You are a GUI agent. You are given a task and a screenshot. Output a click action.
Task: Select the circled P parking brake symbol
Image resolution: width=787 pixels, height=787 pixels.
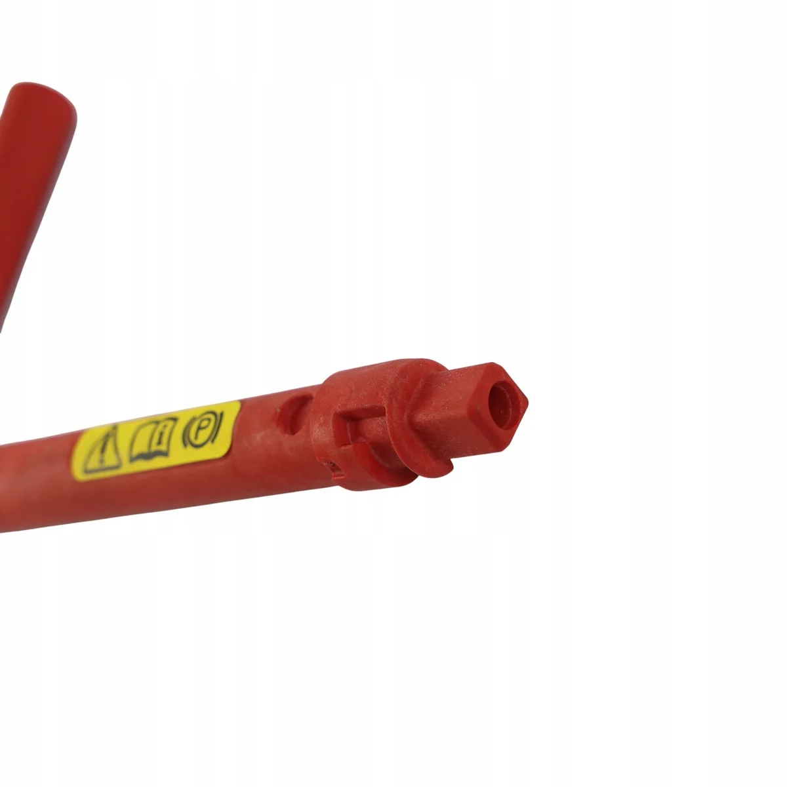(203, 430)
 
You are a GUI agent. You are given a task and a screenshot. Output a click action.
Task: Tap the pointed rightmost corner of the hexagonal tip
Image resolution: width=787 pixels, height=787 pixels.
(527, 402)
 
